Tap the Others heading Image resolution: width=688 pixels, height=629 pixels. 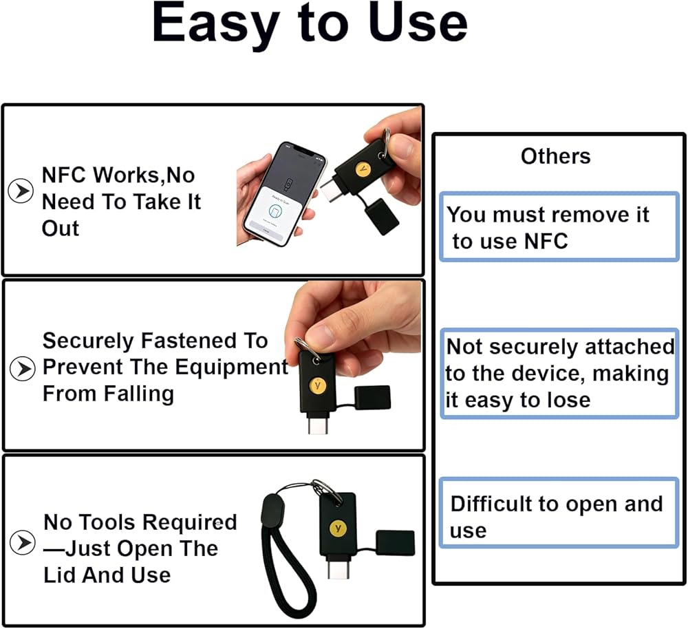pos(555,156)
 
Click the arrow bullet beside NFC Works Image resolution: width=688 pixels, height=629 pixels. pos(21,191)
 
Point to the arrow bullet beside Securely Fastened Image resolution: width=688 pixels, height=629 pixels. pos(23,368)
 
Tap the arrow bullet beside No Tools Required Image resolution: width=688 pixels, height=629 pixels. pos(23,542)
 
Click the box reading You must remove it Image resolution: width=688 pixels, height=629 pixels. pos(559,226)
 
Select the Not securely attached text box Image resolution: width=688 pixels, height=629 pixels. pos(559,373)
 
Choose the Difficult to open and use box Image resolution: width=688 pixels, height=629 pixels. pos(559,513)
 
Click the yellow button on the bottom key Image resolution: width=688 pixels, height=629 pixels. pos(338,528)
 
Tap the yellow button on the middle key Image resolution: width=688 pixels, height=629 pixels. pos(317,385)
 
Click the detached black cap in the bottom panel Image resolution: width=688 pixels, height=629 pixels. pos(396,543)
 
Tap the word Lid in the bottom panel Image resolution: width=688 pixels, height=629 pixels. pos(60,575)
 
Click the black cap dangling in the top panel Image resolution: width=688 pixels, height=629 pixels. pos(381,216)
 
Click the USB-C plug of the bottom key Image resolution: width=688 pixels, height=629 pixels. pos(338,566)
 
